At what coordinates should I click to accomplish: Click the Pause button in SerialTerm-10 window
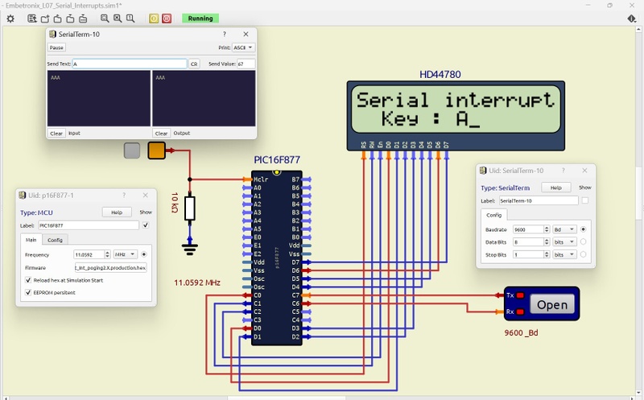coord(56,47)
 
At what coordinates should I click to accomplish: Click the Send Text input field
coord(129,64)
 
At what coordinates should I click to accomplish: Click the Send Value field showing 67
coord(245,64)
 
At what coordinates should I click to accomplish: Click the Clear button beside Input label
coord(56,133)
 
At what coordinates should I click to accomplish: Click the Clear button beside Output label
coord(161,133)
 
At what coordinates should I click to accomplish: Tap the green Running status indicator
coord(200,18)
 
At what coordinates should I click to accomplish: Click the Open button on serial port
coord(552,304)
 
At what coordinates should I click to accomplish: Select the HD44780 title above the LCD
coord(441,75)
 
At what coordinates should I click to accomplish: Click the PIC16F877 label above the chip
coord(276,161)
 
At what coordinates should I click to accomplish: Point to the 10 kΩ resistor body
coord(190,208)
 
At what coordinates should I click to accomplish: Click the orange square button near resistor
coord(156,150)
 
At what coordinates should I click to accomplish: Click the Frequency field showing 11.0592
coord(89,254)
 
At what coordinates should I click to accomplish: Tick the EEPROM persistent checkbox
coord(29,292)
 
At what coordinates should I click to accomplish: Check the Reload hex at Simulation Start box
coord(29,280)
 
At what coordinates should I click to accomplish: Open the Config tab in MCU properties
coord(55,240)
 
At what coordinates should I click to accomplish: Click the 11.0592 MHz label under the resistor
coord(197,283)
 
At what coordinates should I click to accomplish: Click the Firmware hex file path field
coord(110,267)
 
